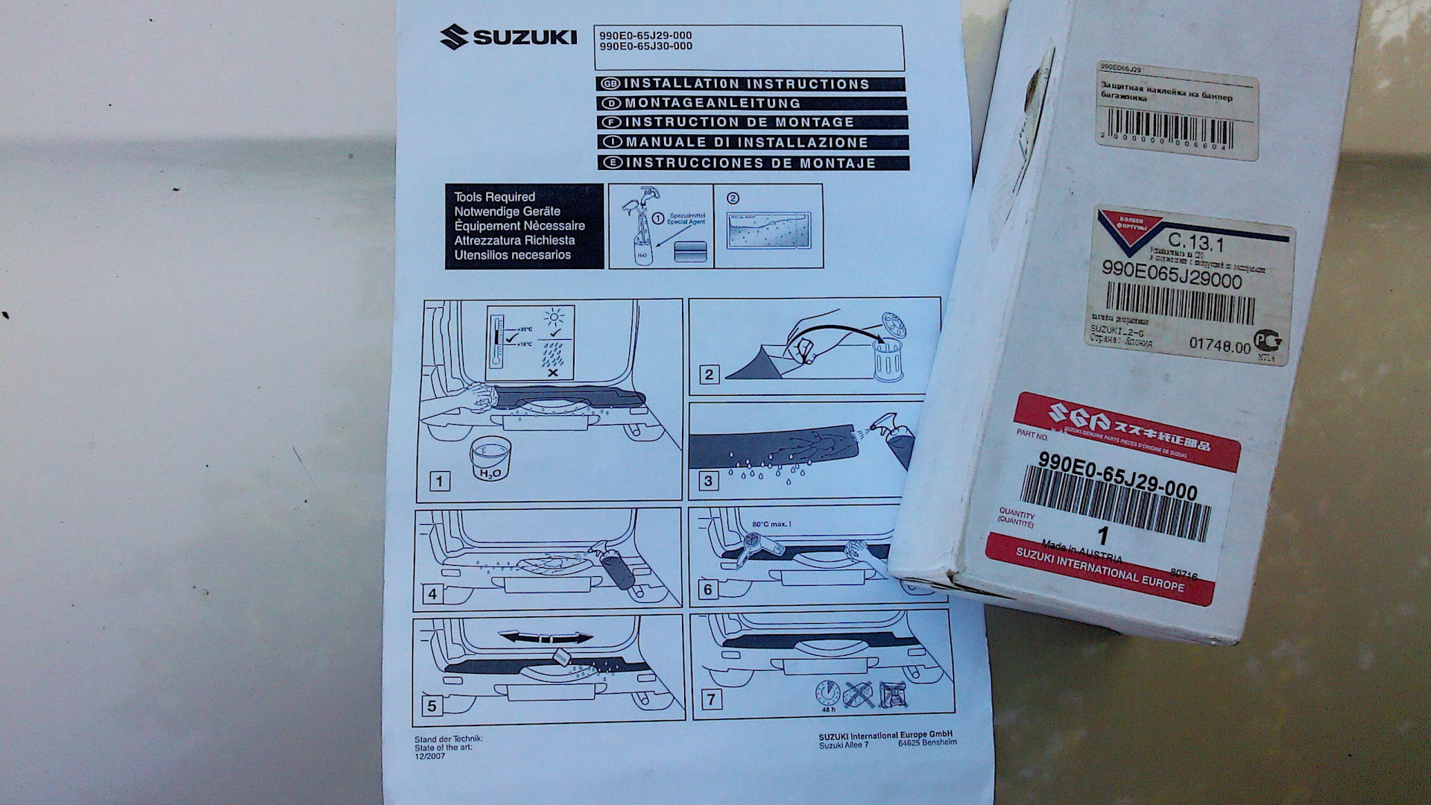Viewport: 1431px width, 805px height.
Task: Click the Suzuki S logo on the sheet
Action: (x=454, y=37)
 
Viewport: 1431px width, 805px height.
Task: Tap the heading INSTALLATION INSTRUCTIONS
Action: (x=746, y=84)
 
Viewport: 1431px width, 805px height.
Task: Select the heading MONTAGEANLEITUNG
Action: (x=712, y=103)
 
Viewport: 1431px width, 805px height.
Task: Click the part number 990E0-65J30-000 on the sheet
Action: (x=645, y=46)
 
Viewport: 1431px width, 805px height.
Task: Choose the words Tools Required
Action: (x=494, y=197)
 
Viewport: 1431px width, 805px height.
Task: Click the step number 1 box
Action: (x=440, y=481)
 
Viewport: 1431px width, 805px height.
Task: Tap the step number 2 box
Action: (x=709, y=375)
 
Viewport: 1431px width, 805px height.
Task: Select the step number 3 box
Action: (x=708, y=481)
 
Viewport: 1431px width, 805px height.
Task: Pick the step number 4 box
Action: (x=432, y=594)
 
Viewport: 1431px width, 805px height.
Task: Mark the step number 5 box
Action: (x=432, y=704)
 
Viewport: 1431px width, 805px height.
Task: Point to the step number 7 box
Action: (x=711, y=699)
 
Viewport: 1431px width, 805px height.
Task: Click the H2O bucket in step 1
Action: (x=490, y=459)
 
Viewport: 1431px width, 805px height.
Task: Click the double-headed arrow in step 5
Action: (x=546, y=637)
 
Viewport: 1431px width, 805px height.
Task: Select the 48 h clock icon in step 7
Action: (x=827, y=693)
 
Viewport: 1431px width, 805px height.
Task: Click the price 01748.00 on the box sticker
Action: (x=1219, y=345)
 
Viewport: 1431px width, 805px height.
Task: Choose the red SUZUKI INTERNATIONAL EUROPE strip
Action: (x=1099, y=569)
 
